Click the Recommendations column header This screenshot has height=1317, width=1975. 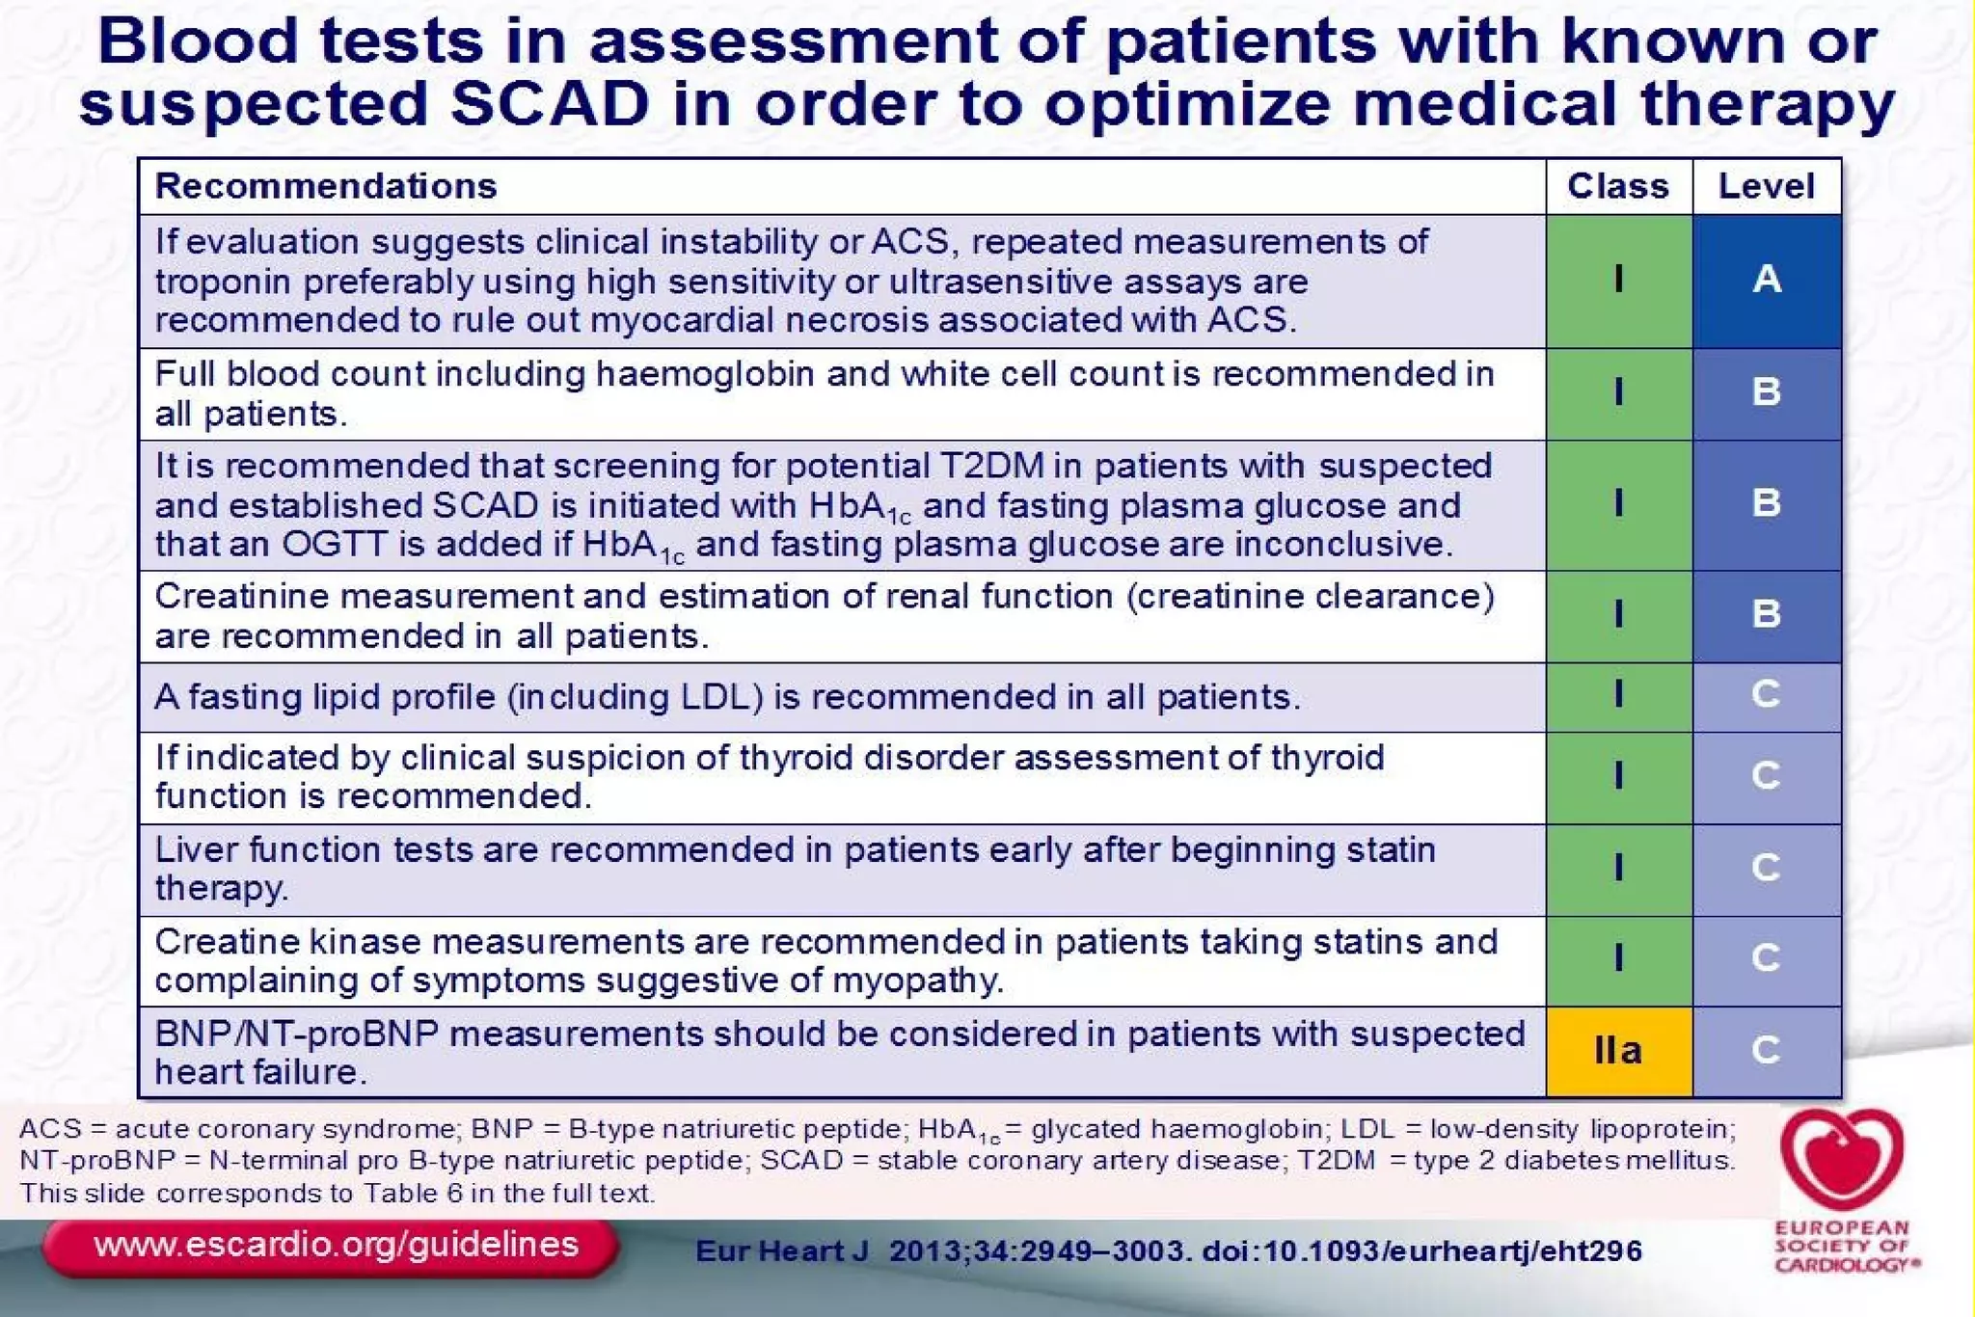(326, 186)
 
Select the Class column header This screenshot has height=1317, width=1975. (1617, 186)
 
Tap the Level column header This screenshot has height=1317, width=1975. (1766, 186)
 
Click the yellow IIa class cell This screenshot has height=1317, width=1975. (1618, 1051)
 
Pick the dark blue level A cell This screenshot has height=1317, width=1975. (1766, 280)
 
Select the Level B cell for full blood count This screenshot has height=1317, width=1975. (1766, 392)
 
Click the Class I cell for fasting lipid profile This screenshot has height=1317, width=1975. (1618, 695)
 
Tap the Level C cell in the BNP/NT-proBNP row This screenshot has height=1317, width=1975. (1766, 1051)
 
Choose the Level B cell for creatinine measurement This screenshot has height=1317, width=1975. (1766, 614)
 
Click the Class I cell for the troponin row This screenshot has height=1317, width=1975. (1618, 280)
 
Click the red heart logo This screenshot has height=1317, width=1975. (1842, 1158)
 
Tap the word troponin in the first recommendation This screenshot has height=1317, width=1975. (209, 282)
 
